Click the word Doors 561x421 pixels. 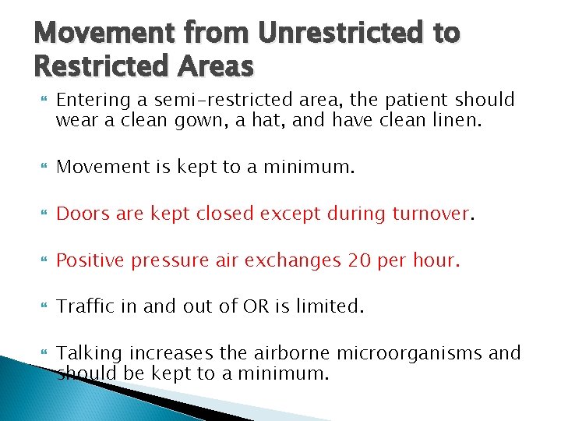tap(83, 213)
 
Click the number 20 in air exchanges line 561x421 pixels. tap(360, 260)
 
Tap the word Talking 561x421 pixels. tap(88, 354)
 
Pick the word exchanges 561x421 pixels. tap(292, 260)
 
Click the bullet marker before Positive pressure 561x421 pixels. tap(42, 260)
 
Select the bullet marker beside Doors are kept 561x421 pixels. tap(42, 214)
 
